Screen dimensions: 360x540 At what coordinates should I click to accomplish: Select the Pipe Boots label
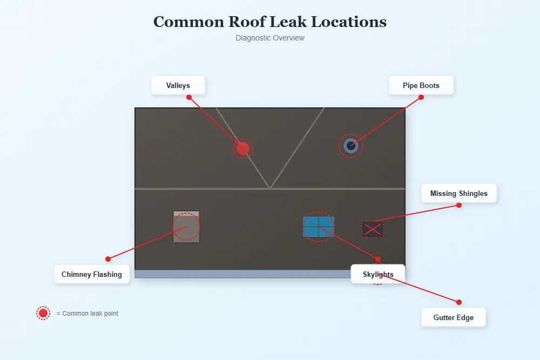tap(421, 85)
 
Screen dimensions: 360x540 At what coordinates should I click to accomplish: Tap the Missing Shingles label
tap(458, 193)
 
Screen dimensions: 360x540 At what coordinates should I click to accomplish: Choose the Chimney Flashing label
tap(92, 274)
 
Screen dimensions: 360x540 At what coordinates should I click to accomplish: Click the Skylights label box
tap(378, 274)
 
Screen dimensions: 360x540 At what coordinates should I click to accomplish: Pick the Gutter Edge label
tap(454, 317)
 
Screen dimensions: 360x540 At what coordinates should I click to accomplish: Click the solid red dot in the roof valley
tap(243, 148)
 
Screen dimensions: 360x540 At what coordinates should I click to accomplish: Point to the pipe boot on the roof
tap(351, 145)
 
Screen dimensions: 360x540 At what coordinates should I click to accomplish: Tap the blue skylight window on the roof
tap(319, 227)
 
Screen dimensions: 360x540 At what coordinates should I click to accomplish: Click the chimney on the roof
tap(186, 227)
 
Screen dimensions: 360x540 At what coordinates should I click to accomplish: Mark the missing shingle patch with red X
tap(373, 229)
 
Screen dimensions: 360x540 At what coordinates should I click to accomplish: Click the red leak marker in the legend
tap(43, 313)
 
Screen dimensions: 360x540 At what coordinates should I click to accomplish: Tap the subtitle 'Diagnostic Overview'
tap(270, 38)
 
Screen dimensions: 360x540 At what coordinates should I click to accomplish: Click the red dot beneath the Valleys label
tap(189, 97)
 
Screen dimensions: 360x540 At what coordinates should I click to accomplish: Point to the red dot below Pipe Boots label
tap(421, 97)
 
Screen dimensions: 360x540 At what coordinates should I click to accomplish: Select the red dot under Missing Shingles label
tap(459, 205)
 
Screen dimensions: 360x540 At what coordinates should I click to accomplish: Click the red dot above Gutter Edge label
tap(459, 302)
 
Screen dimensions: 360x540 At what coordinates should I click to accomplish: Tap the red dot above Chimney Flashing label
tap(108, 259)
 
